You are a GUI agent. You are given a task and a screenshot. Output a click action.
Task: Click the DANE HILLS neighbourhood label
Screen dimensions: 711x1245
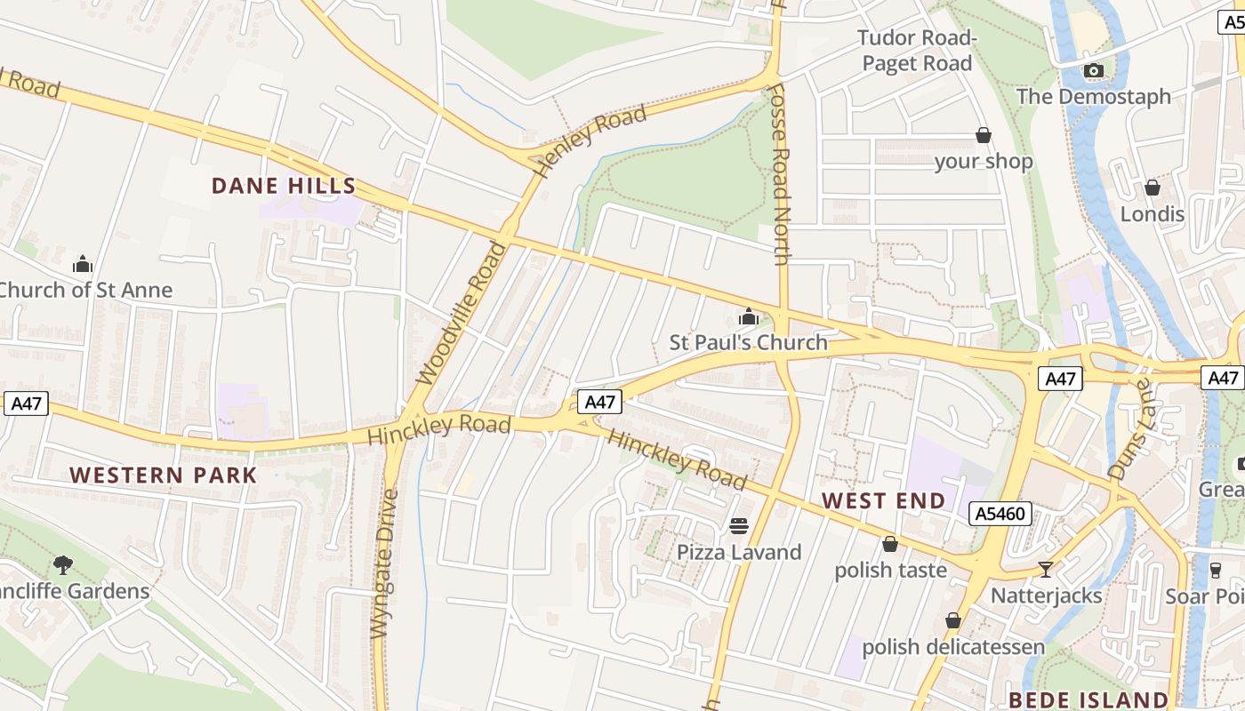click(284, 187)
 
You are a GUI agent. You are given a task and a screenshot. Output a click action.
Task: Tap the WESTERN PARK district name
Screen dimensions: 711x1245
click(164, 475)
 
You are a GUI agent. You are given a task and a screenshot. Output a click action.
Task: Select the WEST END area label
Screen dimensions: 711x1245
click(884, 500)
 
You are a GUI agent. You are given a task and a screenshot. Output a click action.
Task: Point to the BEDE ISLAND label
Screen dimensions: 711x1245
click(1088, 699)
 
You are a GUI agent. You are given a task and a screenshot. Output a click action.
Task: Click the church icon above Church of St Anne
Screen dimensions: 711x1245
click(83, 264)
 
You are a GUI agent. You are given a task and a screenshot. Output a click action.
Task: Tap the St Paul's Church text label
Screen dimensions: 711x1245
click(748, 342)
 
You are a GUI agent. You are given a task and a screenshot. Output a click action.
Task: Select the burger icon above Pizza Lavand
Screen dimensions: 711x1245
click(739, 525)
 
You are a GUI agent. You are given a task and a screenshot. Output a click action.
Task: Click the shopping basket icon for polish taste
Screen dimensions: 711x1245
click(890, 544)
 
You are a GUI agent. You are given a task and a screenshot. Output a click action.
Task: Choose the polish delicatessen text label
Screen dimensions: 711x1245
click(953, 646)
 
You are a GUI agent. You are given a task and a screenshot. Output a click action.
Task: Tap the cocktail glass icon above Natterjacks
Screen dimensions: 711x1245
click(1046, 569)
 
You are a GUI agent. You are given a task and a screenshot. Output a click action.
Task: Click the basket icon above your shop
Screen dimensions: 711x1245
click(984, 135)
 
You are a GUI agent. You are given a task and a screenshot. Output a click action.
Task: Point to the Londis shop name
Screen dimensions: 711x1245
click(1152, 214)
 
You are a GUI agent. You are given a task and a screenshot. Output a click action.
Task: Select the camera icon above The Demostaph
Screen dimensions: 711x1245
click(1094, 71)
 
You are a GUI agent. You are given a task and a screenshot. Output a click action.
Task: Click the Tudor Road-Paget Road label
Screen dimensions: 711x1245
click(917, 51)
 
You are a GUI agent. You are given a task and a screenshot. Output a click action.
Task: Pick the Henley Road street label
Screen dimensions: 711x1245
click(590, 140)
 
